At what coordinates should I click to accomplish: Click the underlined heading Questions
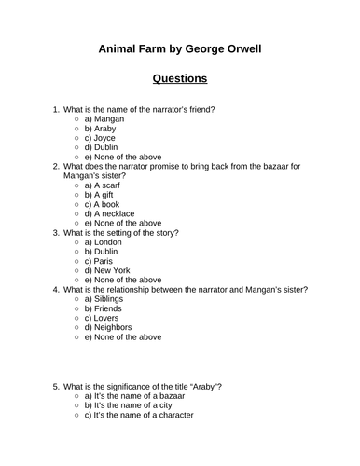pos(180,78)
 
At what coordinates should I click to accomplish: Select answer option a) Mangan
pos(104,119)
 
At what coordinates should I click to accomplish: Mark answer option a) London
pos(103,242)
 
